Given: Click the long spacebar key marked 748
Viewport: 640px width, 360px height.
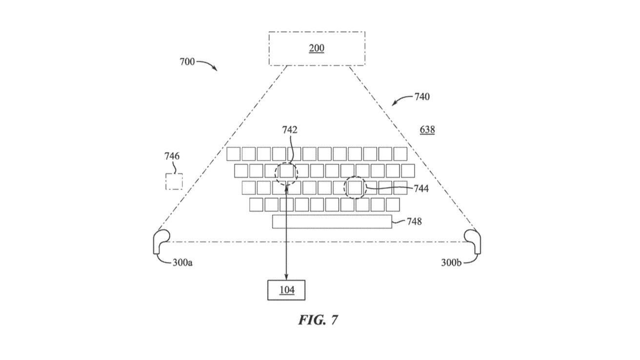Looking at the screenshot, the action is click(332, 222).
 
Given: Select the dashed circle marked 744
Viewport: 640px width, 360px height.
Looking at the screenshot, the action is click(344, 187).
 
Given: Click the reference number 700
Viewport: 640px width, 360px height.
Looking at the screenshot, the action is click(187, 62).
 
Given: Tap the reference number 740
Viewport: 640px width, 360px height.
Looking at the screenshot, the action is click(422, 97).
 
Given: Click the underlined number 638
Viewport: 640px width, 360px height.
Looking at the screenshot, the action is click(427, 130).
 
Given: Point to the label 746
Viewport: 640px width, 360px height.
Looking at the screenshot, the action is click(172, 156).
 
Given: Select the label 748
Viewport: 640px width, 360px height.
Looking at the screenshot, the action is click(414, 221).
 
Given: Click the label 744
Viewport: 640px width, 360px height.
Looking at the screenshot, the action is click(421, 189).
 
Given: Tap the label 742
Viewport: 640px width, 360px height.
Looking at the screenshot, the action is click(290, 130).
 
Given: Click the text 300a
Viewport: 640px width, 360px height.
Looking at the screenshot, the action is click(182, 262).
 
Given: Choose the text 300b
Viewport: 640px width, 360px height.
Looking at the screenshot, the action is click(451, 262).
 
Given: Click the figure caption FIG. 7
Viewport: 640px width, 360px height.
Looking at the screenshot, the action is click(318, 320).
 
